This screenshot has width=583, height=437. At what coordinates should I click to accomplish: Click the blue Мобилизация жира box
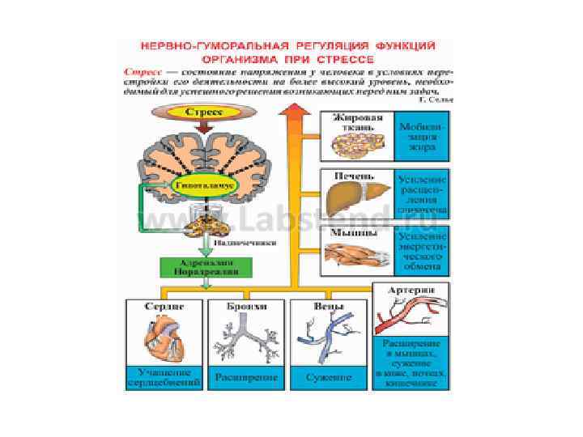click(421, 138)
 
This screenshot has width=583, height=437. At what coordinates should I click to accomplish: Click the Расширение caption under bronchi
click(246, 377)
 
